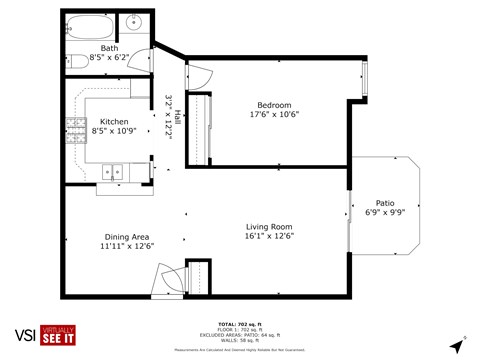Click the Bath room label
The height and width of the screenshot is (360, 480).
pos(110,48)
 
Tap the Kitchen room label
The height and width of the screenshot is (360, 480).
pos(113,121)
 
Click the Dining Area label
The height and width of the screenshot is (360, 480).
pos(126,238)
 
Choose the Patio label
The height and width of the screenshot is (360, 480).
pos(385,201)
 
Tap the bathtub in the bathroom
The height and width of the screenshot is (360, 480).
pos(91,25)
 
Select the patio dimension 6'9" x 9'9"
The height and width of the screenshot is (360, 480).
pos(385,212)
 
